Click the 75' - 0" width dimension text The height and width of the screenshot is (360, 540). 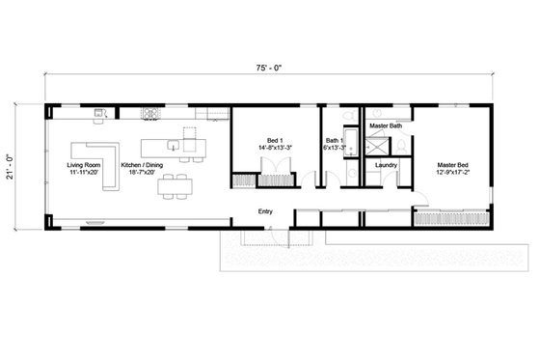click(x=269, y=69)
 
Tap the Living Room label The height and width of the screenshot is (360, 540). click(x=83, y=165)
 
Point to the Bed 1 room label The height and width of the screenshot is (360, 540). click(x=274, y=141)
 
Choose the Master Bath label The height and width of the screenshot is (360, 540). click(x=386, y=125)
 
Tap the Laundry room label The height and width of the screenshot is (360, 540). click(x=387, y=164)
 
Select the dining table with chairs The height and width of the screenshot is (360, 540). click(x=175, y=188)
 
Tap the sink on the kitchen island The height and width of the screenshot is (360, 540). click(x=172, y=147)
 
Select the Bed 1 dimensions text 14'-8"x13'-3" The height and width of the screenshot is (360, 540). click(x=274, y=149)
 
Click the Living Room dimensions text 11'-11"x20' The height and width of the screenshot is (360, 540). click(x=83, y=173)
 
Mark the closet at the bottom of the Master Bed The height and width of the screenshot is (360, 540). click(x=447, y=218)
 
